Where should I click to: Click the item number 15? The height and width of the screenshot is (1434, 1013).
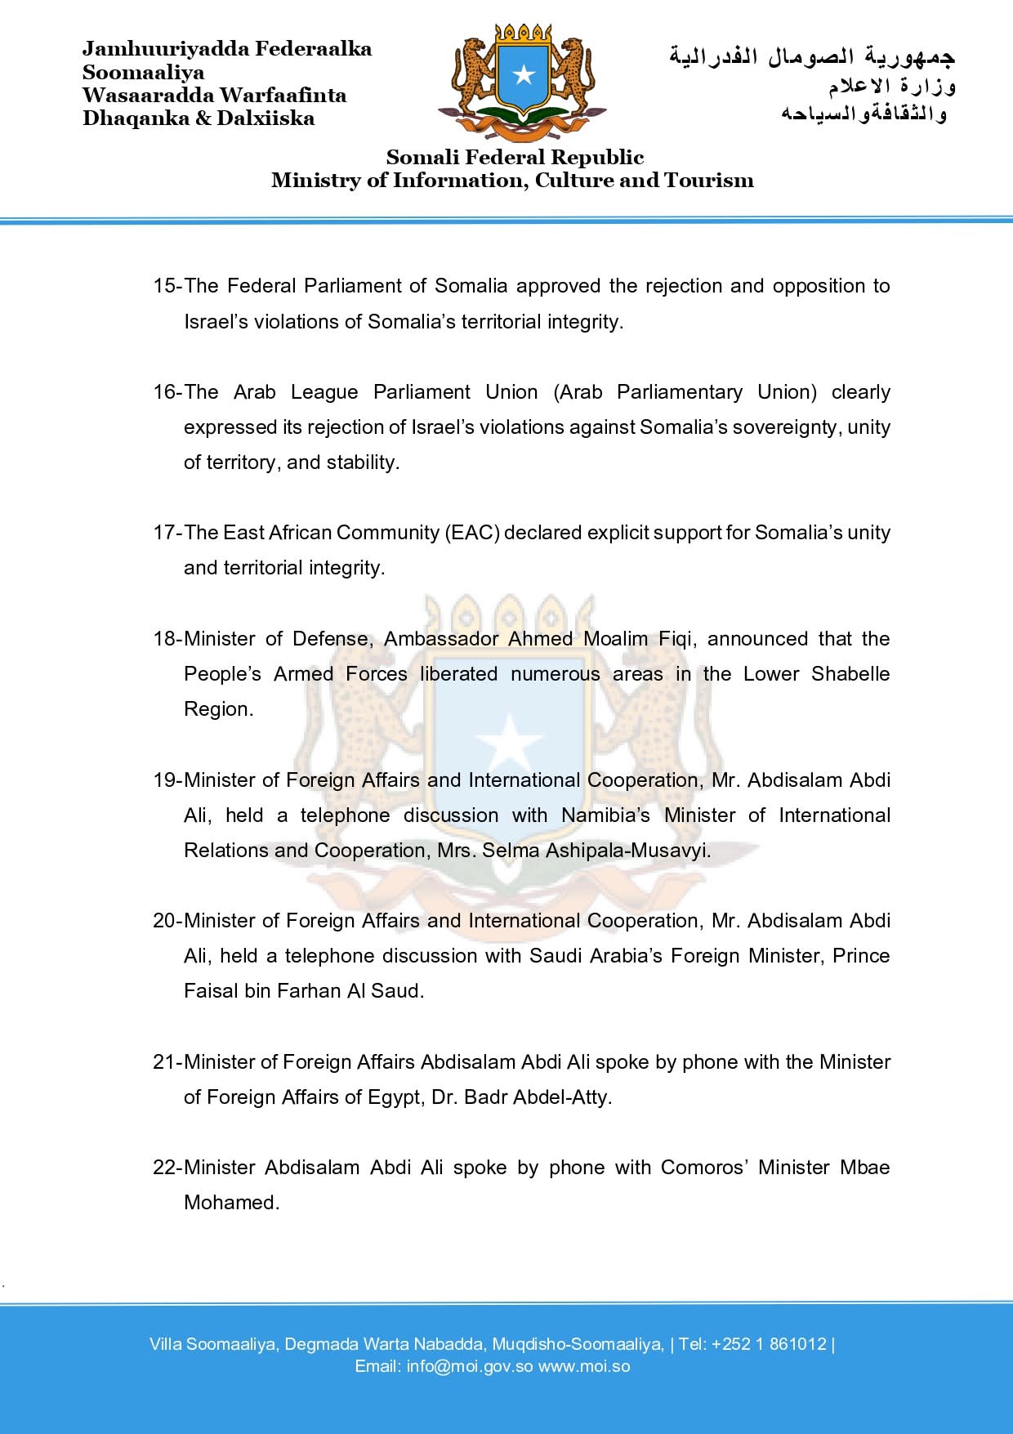pyautogui.click(x=164, y=286)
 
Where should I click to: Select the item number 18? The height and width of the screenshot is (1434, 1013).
pyautogui.click(x=164, y=639)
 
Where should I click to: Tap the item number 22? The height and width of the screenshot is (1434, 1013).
pyautogui.click(x=164, y=1168)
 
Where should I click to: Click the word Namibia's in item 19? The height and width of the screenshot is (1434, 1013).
pyautogui.click(x=605, y=815)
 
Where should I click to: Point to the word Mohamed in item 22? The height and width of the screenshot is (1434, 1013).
pyautogui.click(x=231, y=1203)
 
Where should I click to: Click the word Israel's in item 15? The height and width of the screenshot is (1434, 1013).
pyautogui.click(x=215, y=322)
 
